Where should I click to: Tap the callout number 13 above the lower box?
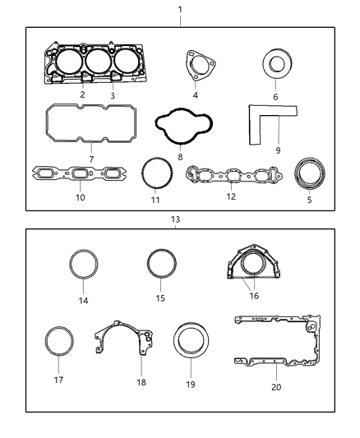[175, 219]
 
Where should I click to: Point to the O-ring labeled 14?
[83, 266]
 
